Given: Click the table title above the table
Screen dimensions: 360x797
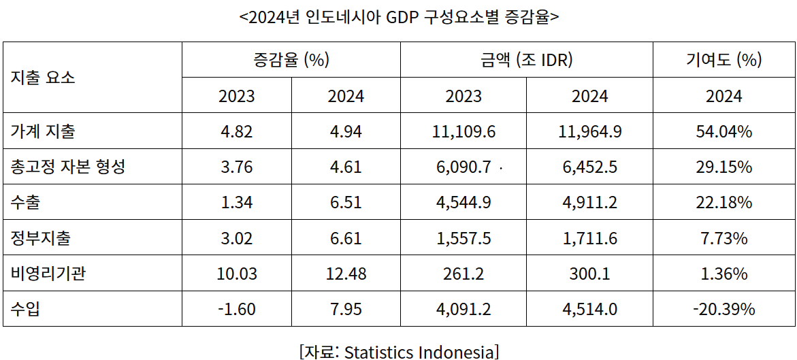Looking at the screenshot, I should (399, 17).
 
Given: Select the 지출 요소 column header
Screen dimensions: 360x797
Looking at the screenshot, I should (43, 77).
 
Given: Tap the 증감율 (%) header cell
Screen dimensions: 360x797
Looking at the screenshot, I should (291, 59).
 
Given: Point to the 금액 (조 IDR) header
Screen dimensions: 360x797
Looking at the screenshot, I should (526, 59).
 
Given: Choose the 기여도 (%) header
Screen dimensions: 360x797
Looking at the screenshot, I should (723, 59).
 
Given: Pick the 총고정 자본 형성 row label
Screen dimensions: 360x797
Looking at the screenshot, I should (68, 167).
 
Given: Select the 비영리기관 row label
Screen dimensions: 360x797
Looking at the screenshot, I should (48, 274).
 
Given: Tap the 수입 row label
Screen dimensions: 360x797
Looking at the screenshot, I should (25, 310).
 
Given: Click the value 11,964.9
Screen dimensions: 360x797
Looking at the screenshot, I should (589, 131).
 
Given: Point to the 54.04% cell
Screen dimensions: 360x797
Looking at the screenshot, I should (723, 131).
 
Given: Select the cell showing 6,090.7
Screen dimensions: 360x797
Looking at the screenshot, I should (463, 167).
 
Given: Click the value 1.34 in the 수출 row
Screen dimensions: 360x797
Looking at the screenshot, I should (237, 203).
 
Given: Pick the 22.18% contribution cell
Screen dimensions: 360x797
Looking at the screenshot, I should (723, 203).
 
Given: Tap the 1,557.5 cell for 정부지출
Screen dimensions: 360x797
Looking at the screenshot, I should (463, 238).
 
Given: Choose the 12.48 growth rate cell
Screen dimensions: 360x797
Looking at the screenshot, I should (346, 274).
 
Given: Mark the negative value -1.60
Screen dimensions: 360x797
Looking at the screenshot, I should (237, 310).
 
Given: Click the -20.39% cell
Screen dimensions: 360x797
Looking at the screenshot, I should (723, 310).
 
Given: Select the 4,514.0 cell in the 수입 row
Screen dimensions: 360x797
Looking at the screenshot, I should (589, 310).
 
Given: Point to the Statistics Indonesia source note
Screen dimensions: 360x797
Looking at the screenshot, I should (399, 352).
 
